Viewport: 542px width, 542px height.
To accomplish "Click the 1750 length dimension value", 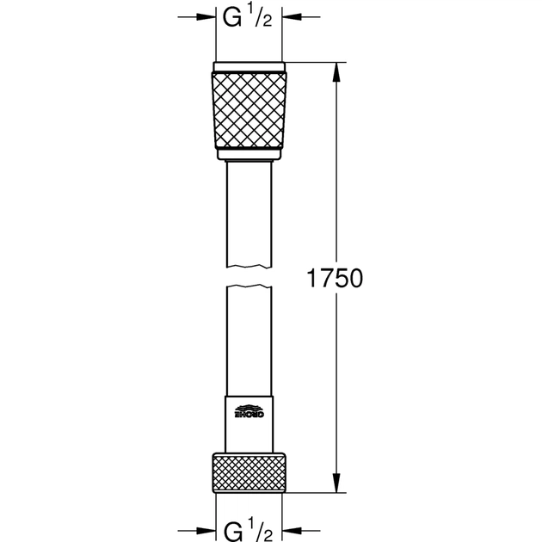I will [x=336, y=279].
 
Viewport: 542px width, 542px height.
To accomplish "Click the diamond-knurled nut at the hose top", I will [x=249, y=110].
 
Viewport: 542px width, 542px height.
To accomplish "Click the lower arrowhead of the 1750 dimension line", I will [x=336, y=487].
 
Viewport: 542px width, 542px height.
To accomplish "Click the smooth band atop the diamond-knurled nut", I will [x=249, y=67].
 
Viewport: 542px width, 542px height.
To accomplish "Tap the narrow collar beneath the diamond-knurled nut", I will [x=249, y=155].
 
